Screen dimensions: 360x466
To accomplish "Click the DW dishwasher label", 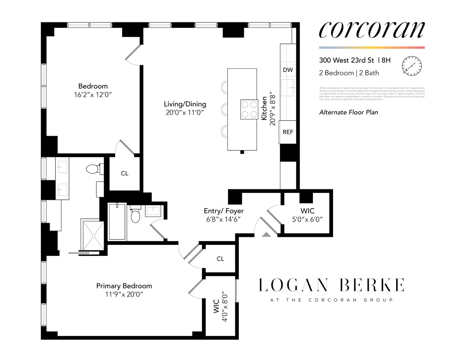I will pyautogui.click(x=288, y=70).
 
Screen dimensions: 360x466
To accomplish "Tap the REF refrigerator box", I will pyautogui.click(x=288, y=132).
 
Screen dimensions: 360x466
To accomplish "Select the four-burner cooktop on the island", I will pyautogui.click(x=249, y=109).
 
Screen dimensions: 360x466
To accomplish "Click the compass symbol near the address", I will pyautogui.click(x=412, y=66).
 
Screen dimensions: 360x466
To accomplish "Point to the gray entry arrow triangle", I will pyautogui.click(x=266, y=234).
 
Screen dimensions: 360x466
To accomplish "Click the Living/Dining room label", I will pyautogui.click(x=185, y=104).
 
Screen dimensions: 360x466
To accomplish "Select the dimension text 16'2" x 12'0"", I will pyautogui.click(x=93, y=95).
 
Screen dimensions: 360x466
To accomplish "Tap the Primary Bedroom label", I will pyautogui.click(x=124, y=286).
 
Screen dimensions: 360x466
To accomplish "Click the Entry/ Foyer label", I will pyautogui.click(x=223, y=211).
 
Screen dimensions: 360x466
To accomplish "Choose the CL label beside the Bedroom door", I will pyautogui.click(x=125, y=174).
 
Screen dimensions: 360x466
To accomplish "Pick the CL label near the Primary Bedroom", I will pyautogui.click(x=220, y=259).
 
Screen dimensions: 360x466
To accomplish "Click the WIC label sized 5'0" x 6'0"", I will pyautogui.click(x=307, y=211).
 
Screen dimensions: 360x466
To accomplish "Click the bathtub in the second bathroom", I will pyautogui.click(x=117, y=222).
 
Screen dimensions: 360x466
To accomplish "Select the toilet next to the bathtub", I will pyautogui.click(x=135, y=215).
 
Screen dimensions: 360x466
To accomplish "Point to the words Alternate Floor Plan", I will pyautogui.click(x=348, y=112).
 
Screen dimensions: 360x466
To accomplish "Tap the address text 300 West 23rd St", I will pyautogui.click(x=346, y=60).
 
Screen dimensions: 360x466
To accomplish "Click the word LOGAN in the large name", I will pyautogui.click(x=294, y=285).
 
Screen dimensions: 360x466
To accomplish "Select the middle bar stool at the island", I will pyautogui.click(x=223, y=109).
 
